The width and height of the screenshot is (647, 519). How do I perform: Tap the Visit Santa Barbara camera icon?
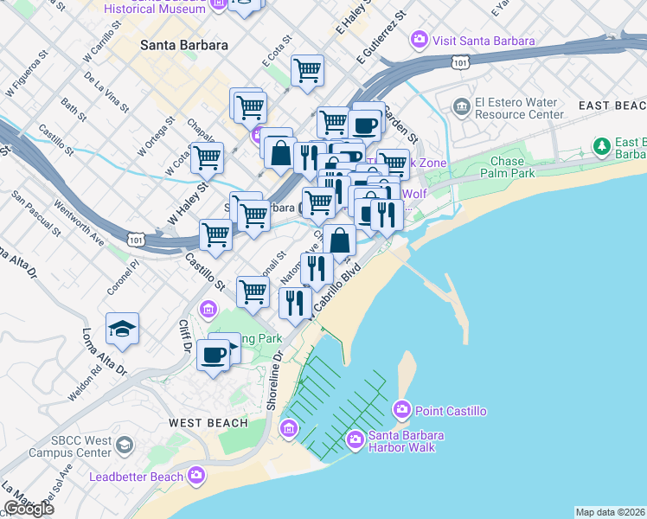click(420, 38)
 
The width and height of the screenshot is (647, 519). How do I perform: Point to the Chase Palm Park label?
click(506, 168)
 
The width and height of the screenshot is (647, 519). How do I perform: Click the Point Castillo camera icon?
click(401, 409)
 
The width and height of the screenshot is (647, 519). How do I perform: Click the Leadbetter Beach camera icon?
click(196, 475)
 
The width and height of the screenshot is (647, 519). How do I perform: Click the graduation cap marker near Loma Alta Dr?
click(123, 329)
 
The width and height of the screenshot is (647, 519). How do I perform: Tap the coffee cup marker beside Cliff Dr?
click(213, 354)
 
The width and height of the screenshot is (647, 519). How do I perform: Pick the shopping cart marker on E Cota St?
click(307, 70)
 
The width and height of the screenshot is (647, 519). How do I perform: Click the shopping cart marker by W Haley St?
click(207, 158)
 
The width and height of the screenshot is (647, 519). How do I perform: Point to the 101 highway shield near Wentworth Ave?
click(134, 237)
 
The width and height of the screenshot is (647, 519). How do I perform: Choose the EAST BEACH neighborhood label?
click(612, 106)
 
